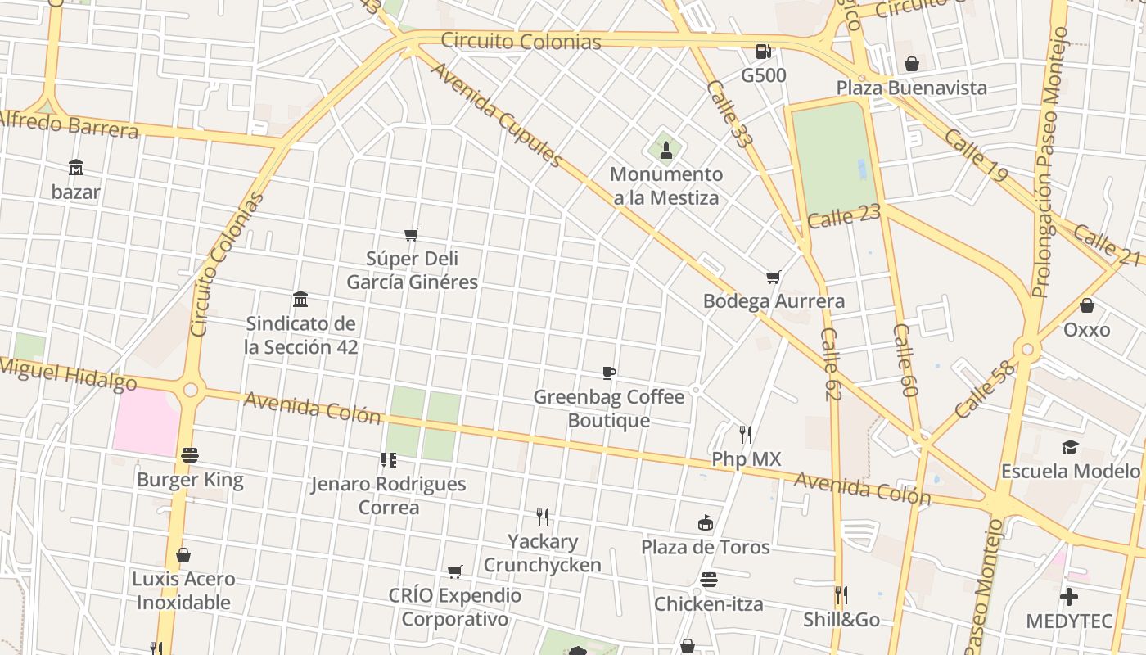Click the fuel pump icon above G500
click(x=763, y=52)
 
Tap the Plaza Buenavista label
click(x=911, y=88)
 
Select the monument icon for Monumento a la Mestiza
click(x=665, y=150)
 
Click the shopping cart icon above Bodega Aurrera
click(x=773, y=277)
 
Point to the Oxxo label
click(x=1086, y=330)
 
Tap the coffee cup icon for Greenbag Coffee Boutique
click(x=608, y=373)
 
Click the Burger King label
click(x=190, y=480)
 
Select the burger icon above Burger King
click(x=190, y=455)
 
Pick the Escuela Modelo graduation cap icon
click(x=1070, y=447)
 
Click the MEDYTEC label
click(x=1069, y=621)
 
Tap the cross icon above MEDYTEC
click(x=1068, y=597)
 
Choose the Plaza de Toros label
click(x=705, y=547)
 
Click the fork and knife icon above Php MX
click(x=745, y=434)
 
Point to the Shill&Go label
click(x=841, y=620)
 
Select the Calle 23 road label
click(x=843, y=217)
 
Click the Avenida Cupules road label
click(x=496, y=115)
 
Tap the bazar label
click(x=75, y=192)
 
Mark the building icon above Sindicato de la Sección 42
click(x=300, y=299)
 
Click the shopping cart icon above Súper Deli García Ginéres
click(x=412, y=235)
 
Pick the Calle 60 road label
click(x=905, y=360)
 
